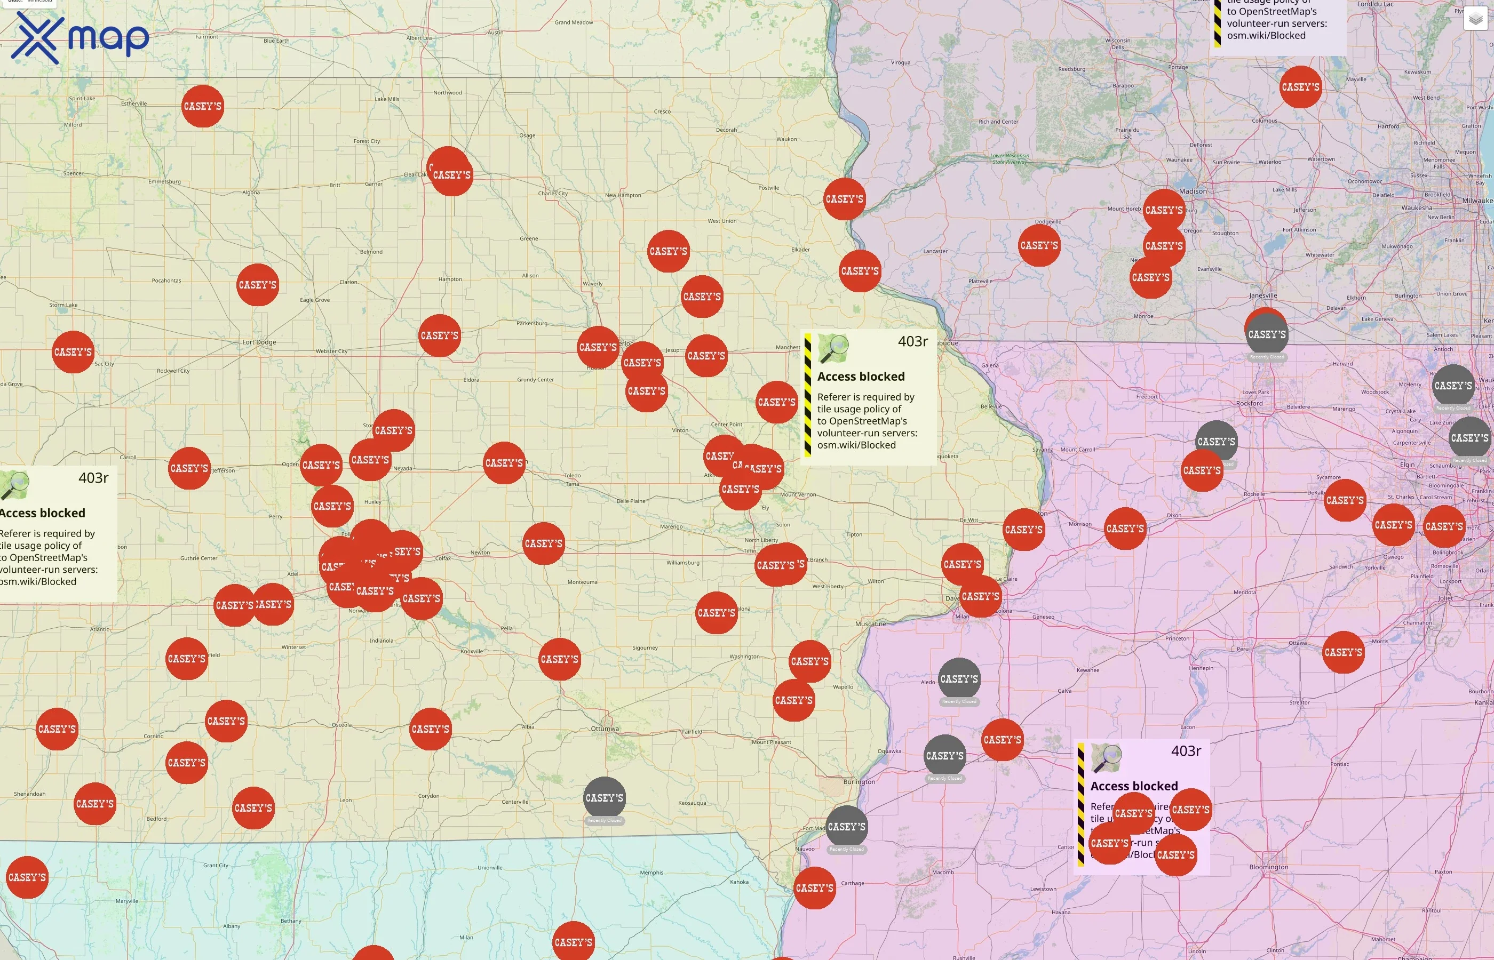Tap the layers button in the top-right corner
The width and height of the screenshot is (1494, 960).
pyautogui.click(x=1475, y=19)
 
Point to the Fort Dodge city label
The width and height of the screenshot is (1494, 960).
pyautogui.click(x=259, y=342)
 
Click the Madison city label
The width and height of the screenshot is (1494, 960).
pyautogui.click(x=1193, y=191)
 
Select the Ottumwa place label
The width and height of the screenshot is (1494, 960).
pyautogui.click(x=605, y=728)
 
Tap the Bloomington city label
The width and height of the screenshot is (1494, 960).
pyautogui.click(x=1268, y=867)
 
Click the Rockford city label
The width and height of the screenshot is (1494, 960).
pyautogui.click(x=1249, y=403)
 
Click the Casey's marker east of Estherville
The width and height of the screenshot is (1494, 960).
pyautogui.click(x=203, y=107)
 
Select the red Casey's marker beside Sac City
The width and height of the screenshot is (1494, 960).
pyautogui.click(x=73, y=352)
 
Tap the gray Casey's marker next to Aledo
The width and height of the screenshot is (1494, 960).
pyautogui.click(x=959, y=679)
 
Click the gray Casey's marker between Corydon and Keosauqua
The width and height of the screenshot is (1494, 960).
pyautogui.click(x=604, y=798)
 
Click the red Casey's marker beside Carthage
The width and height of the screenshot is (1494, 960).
pyautogui.click(x=814, y=887)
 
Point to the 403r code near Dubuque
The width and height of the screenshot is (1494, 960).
pyautogui.click(x=912, y=342)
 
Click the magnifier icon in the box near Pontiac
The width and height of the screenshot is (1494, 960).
pyautogui.click(x=1107, y=758)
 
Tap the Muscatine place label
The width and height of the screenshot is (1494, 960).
pyautogui.click(x=870, y=624)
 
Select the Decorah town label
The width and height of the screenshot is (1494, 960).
pyautogui.click(x=726, y=130)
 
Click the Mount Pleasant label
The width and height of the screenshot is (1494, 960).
pyautogui.click(x=772, y=742)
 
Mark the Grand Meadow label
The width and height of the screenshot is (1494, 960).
pyautogui.click(x=574, y=22)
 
